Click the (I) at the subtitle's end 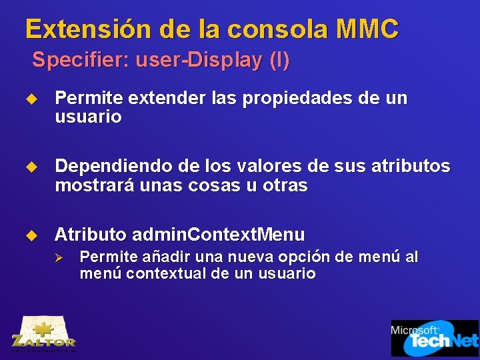(279, 60)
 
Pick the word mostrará (95, 185)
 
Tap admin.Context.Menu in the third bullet (219, 235)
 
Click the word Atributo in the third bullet (91, 235)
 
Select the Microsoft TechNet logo (434, 337)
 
